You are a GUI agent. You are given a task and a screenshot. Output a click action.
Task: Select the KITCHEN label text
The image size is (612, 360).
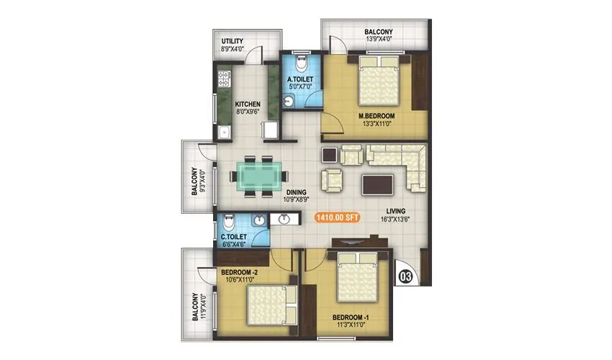(247, 104)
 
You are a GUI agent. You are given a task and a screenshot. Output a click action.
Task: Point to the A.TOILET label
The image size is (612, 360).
(299, 79)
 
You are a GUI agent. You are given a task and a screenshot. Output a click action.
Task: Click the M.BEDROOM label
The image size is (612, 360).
(375, 114)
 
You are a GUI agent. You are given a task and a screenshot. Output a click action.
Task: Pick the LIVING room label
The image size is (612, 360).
(394, 211)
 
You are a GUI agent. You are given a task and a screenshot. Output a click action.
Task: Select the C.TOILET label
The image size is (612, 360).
(235, 236)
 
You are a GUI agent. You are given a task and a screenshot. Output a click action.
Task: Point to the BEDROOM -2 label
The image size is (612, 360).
(238, 271)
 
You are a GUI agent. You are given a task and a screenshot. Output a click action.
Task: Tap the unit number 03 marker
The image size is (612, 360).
(405, 275)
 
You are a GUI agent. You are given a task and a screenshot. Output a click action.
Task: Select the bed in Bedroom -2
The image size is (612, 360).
(269, 305)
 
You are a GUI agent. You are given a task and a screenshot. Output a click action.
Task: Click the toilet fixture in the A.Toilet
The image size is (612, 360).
(303, 60)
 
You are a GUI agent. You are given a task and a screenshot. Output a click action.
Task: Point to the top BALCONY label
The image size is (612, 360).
(378, 32)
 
